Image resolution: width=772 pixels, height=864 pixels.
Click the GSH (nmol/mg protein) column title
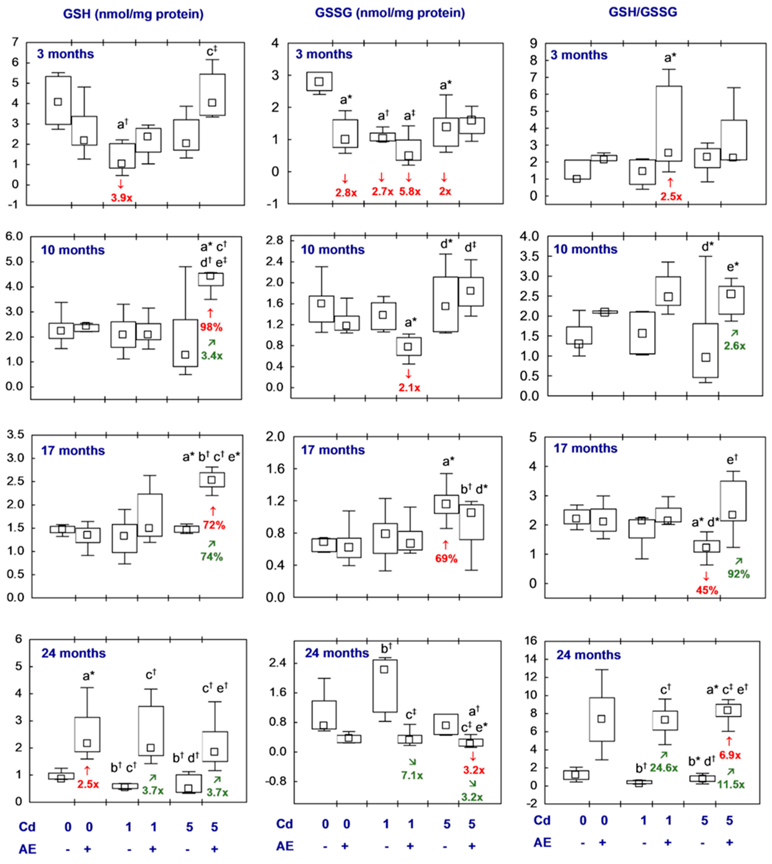(x=133, y=14)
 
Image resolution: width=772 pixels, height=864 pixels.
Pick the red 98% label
(x=211, y=327)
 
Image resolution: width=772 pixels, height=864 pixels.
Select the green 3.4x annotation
(x=212, y=356)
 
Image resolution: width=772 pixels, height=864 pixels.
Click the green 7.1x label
(x=412, y=775)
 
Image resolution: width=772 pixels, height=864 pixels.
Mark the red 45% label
(x=707, y=590)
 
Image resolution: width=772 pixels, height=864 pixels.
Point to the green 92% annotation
(x=739, y=574)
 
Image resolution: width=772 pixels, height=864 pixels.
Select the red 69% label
(x=446, y=559)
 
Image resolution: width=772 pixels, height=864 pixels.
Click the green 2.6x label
(x=734, y=346)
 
